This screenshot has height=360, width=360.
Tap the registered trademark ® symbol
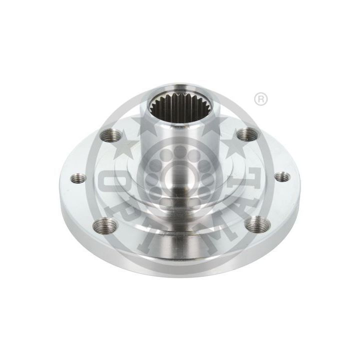pos(260,99)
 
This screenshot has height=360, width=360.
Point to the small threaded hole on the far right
pos(282,176)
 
